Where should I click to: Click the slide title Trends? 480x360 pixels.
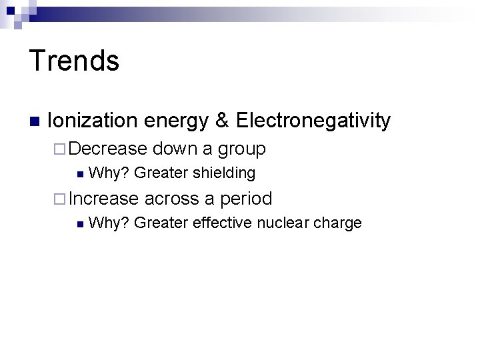click(74, 61)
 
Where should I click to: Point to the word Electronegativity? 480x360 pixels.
click(313, 121)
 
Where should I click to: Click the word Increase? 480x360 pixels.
click(103, 198)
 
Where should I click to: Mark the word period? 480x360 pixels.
click(246, 199)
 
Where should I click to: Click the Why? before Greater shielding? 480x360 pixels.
click(109, 173)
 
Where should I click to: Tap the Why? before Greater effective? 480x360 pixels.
click(109, 223)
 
